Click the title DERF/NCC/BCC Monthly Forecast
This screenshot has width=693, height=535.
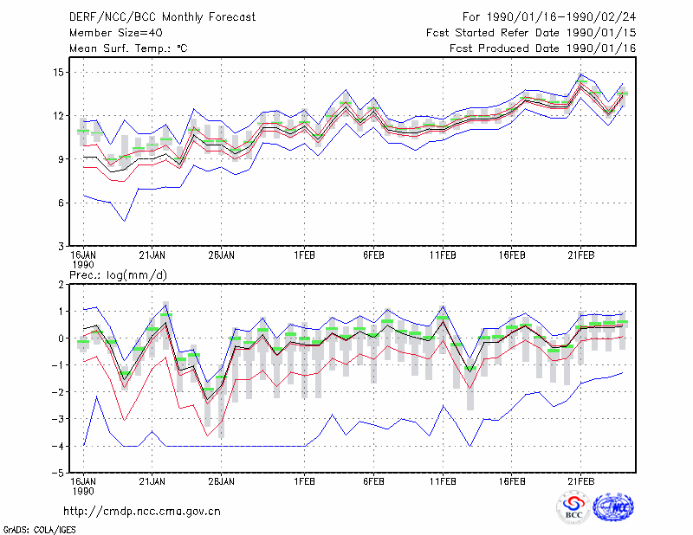pos(162,17)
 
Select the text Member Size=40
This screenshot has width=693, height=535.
pos(116,33)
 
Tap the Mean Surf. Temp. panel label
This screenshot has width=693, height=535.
pos(128,48)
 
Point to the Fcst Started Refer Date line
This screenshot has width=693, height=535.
pos(531,33)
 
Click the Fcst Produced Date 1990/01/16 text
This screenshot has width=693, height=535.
pos(543,48)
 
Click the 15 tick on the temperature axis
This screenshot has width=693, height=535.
pos(58,73)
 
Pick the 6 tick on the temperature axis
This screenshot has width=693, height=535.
pos(61,203)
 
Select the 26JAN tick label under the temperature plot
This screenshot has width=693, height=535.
pos(222,255)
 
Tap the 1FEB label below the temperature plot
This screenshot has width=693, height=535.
pos(305,255)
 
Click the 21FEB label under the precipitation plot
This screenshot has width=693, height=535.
pos(580,481)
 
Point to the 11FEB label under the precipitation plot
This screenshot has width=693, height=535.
pos(443,481)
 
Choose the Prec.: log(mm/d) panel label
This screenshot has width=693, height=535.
pos(118,275)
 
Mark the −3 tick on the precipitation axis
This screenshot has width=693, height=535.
pos(59,419)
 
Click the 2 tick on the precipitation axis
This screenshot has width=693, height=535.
pos(61,285)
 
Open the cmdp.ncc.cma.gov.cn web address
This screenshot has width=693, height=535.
pos(142,512)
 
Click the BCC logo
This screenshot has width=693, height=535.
pos(573,508)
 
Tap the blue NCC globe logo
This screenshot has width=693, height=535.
pos(613,507)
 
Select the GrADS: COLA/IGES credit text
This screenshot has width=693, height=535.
pos(39,530)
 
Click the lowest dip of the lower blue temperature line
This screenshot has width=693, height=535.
pos(125,221)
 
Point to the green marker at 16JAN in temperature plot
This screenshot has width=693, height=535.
pos(83,131)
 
